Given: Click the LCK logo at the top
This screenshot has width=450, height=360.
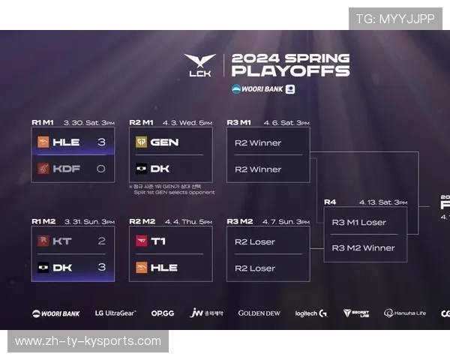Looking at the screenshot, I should (x=199, y=64).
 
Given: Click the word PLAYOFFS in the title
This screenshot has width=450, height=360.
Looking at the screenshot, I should (x=290, y=72).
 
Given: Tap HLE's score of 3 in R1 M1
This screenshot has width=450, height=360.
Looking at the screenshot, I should (x=101, y=142).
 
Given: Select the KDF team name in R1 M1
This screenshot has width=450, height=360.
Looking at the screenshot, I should (x=67, y=169).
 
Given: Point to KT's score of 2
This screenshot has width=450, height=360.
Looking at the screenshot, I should (x=101, y=241).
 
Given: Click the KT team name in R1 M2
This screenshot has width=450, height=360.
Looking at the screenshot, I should (x=62, y=241).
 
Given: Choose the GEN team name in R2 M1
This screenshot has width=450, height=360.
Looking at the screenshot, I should (x=163, y=142).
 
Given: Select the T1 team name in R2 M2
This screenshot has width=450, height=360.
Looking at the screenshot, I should (x=158, y=241).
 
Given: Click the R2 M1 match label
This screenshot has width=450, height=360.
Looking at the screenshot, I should (x=142, y=121).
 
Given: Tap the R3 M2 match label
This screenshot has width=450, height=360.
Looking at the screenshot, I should (x=240, y=221).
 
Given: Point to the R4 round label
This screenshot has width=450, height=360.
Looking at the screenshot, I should (x=330, y=202).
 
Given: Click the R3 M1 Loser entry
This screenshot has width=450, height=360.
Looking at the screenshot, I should (x=358, y=221).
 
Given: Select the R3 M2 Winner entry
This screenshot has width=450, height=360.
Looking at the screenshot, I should (x=363, y=247).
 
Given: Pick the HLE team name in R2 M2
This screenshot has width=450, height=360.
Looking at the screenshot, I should (x=163, y=267).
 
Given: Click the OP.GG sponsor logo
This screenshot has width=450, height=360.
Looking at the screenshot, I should (x=163, y=313).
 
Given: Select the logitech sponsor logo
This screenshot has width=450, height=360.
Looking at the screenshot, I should (x=310, y=313).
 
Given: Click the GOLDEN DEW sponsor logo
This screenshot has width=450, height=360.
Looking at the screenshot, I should (x=259, y=313).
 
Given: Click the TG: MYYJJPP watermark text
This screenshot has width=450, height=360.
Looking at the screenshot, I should (x=395, y=19).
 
